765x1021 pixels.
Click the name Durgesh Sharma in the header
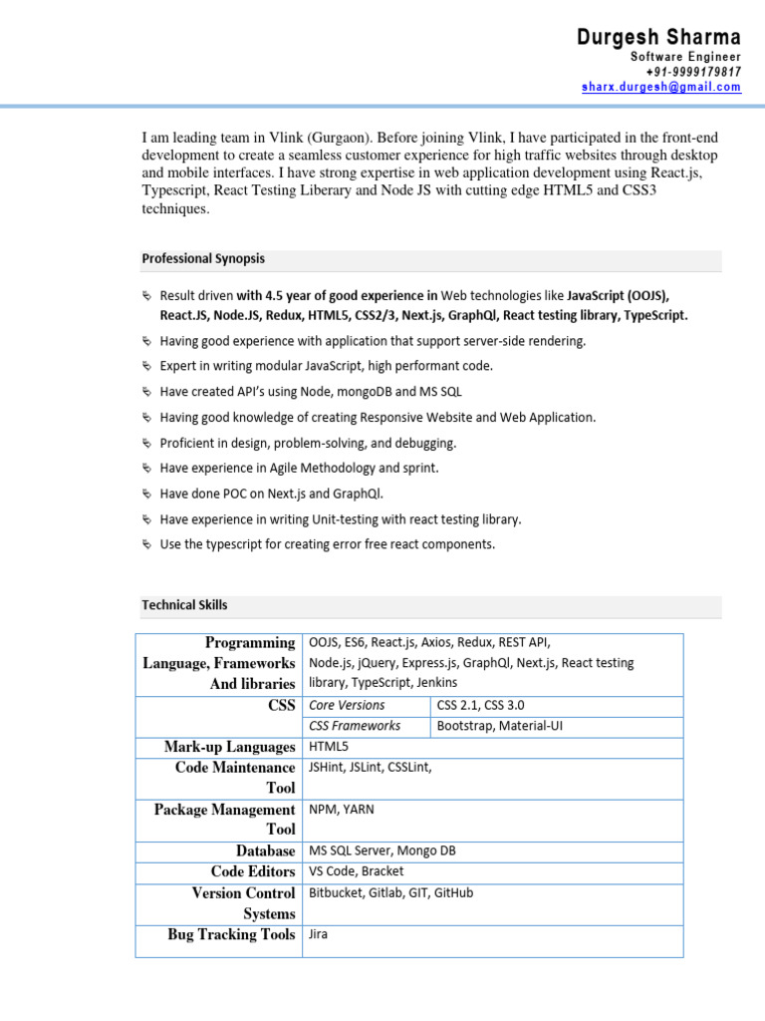click(x=658, y=38)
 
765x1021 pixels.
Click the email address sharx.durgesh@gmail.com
click(x=661, y=87)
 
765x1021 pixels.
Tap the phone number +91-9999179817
click(x=693, y=72)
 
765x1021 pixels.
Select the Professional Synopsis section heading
click(x=203, y=258)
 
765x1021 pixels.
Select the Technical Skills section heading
click(x=184, y=604)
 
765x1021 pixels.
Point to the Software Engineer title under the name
click(x=685, y=57)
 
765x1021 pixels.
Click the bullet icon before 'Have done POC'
click(x=146, y=493)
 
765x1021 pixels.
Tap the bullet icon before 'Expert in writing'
click(x=146, y=366)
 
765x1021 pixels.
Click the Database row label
click(x=265, y=851)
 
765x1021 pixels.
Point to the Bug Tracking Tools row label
click(x=231, y=934)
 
